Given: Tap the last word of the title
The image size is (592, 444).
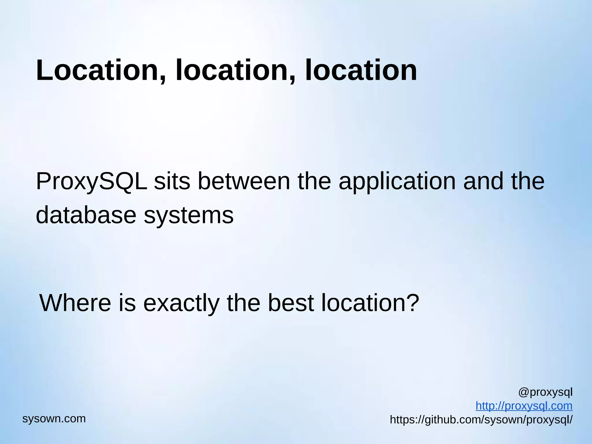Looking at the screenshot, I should tap(361, 70).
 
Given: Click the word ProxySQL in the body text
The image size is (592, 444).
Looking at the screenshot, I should tap(91, 182).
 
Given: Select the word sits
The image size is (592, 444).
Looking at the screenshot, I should tap(172, 181).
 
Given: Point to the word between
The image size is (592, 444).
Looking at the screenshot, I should tap(244, 181).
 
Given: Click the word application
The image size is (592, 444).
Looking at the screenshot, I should tap(397, 182).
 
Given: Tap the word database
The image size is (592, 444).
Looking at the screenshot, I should tap(86, 215).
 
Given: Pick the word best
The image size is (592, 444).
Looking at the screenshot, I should tap(291, 303).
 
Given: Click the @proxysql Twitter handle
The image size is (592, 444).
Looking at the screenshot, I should tap(545, 393).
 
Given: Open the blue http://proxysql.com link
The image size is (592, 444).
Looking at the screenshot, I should tap(524, 406).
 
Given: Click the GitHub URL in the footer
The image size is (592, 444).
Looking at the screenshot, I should tap(481, 420).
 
